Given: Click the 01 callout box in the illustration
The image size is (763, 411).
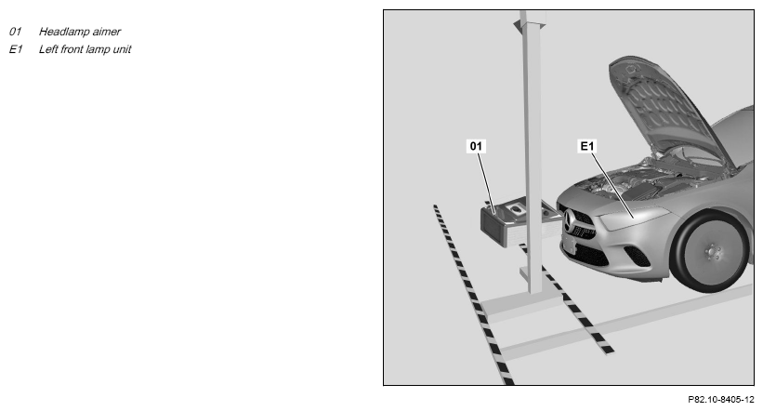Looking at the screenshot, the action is [x=476, y=146].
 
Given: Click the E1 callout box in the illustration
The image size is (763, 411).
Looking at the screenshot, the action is [x=586, y=146].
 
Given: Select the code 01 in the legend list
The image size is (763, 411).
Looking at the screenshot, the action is [x=15, y=32].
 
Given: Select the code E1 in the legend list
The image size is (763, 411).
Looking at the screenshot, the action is [x=16, y=49].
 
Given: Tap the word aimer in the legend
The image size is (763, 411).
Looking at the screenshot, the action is [x=107, y=32].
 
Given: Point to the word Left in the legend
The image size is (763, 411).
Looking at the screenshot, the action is [x=48, y=49].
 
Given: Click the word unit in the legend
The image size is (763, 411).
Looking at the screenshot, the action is [x=122, y=49].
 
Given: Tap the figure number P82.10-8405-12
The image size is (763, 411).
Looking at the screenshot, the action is [x=720, y=400].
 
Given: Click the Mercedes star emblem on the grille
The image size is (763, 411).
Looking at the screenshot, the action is [x=571, y=222].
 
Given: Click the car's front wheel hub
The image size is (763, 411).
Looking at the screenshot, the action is [x=713, y=252].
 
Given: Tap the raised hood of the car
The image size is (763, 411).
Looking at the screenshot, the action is [x=666, y=112].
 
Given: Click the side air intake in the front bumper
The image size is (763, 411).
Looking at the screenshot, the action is [x=637, y=256].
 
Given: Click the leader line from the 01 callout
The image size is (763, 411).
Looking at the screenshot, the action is [x=486, y=183].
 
